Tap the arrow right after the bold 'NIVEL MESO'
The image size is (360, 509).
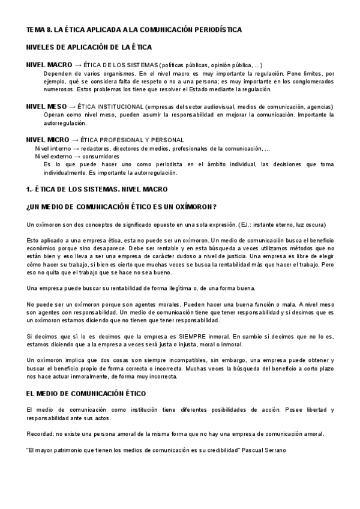[74, 107]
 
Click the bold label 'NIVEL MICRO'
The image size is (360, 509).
[48, 140]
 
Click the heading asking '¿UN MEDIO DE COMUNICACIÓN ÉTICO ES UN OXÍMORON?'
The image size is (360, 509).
[121, 207]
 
